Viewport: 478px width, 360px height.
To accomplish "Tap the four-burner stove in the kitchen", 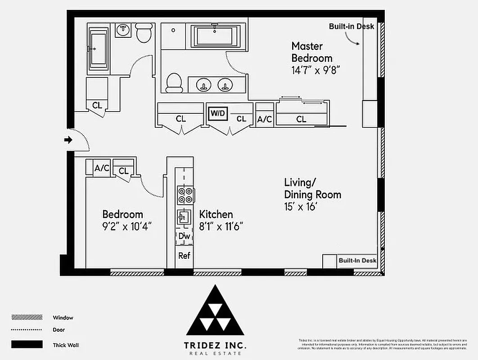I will [x=185, y=195].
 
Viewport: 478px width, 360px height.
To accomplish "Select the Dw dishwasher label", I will [x=184, y=236].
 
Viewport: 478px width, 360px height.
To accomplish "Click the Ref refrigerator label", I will [x=184, y=256].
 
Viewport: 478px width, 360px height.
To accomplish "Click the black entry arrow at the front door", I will [x=68, y=140].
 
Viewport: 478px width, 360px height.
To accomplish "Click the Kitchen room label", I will [x=216, y=214].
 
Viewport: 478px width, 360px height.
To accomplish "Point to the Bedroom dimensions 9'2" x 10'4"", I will [x=126, y=226].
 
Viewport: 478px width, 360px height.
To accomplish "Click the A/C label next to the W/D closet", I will [x=265, y=119].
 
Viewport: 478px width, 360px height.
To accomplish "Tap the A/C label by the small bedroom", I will [x=102, y=168].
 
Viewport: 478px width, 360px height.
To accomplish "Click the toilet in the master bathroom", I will [x=174, y=83].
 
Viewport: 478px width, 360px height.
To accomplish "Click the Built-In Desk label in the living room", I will [x=357, y=261].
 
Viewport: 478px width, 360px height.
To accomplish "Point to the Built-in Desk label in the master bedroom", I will [x=351, y=27].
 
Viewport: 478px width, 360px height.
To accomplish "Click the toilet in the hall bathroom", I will [x=144, y=33].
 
